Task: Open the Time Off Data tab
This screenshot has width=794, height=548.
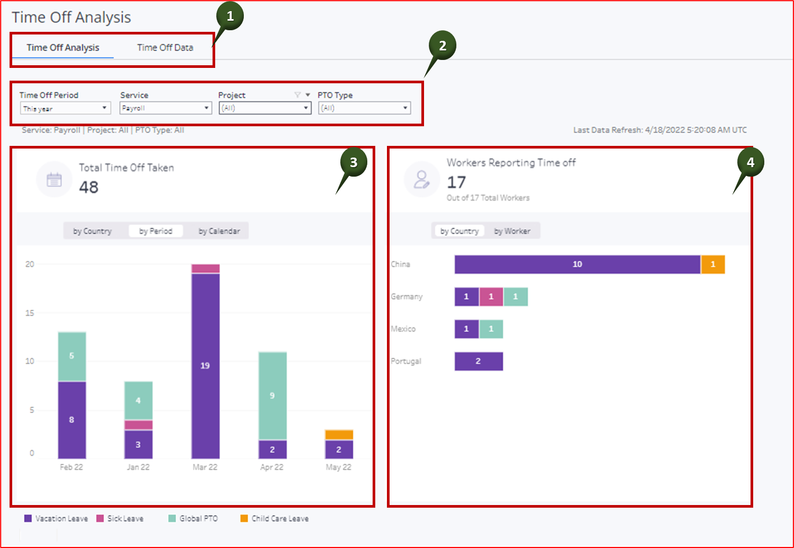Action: click(165, 48)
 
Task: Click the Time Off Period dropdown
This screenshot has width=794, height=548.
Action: click(65, 108)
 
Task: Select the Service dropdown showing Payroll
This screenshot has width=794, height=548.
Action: click(165, 108)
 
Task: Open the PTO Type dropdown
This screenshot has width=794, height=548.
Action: click(364, 108)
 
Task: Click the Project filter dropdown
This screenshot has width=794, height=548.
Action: click(264, 108)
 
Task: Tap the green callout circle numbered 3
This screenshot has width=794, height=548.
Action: click(354, 162)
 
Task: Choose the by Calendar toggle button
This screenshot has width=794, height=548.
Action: click(219, 231)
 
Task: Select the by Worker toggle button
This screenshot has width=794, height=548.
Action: click(512, 231)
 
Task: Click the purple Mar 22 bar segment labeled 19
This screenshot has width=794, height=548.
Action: click(205, 366)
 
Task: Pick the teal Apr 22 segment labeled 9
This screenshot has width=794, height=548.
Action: click(272, 396)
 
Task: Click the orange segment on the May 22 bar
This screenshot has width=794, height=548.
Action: click(339, 435)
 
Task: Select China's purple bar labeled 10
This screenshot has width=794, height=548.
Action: click(577, 264)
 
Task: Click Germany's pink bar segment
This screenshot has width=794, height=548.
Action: click(491, 297)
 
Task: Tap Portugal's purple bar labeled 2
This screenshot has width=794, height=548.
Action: click(478, 361)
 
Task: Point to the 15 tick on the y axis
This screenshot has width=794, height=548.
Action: click(30, 313)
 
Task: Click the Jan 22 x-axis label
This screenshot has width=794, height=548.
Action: click(138, 467)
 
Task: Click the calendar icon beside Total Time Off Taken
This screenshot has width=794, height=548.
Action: click(54, 180)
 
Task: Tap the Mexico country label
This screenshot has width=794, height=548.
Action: click(403, 329)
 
